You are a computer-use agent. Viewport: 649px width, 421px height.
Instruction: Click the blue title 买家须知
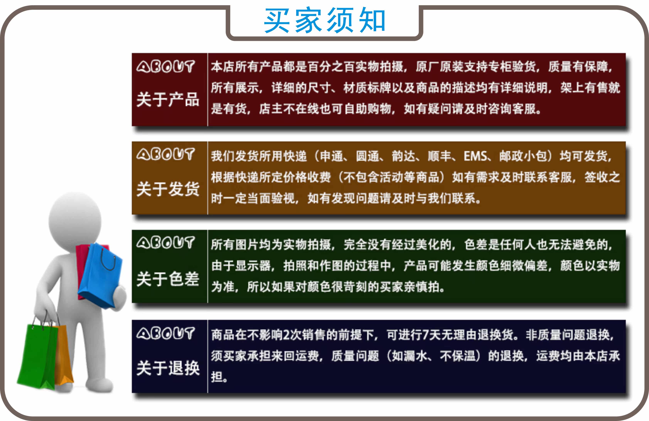pyautogui.click(x=324, y=20)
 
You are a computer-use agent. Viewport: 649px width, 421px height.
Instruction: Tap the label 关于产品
pyautogui.click(x=168, y=100)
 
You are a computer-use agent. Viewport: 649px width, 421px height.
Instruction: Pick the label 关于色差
pyautogui.click(x=168, y=279)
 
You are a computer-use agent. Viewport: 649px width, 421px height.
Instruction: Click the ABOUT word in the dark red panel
pyautogui.click(x=165, y=67)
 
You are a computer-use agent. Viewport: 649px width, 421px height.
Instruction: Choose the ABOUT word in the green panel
pyautogui.click(x=165, y=243)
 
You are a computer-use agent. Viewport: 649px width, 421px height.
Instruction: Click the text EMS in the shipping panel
pyautogui.click(x=475, y=156)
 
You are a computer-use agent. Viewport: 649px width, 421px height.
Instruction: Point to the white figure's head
pyautogui.click(x=75, y=221)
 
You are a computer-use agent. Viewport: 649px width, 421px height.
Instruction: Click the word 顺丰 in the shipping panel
pyautogui.click(x=439, y=156)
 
